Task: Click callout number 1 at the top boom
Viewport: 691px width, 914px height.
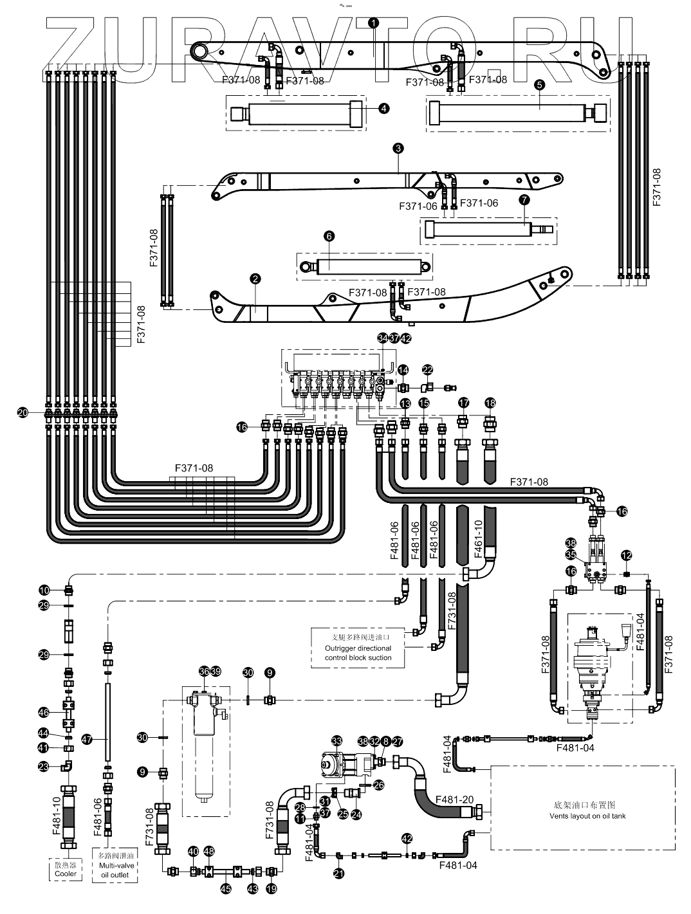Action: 374,22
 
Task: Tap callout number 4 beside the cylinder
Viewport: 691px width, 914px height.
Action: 384,109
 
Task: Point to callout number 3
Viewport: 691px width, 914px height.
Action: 398,149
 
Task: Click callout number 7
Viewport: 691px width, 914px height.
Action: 524,200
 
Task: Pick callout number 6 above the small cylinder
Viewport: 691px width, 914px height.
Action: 329,237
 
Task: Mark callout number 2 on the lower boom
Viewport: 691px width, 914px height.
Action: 255,279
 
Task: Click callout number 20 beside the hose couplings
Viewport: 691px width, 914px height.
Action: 24,414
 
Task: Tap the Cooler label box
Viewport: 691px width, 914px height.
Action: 66,870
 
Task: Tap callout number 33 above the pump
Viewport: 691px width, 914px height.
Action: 336,741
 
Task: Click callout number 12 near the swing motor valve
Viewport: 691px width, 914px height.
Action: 626,554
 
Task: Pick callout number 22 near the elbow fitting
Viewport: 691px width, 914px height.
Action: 428,370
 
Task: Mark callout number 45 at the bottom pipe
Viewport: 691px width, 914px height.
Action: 226,888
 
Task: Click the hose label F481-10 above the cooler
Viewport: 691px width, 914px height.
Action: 57,814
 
